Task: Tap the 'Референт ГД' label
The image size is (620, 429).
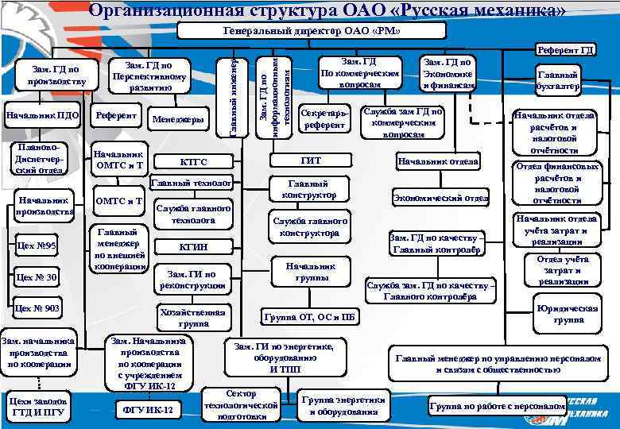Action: click(x=565, y=50)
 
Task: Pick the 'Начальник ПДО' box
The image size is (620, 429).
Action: click(x=42, y=116)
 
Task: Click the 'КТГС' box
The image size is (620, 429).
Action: click(x=193, y=162)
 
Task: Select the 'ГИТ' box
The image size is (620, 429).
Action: click(x=312, y=160)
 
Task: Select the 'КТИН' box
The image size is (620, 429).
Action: click(x=193, y=246)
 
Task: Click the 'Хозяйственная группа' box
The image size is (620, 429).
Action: click(x=193, y=318)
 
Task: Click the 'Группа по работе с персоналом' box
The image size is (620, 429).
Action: click(x=497, y=406)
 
